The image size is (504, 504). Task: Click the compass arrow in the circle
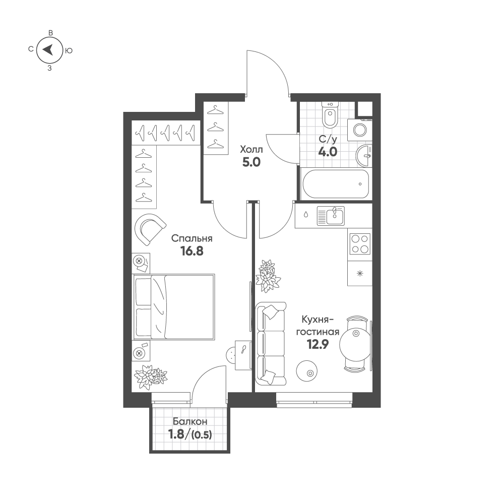tap(48, 50)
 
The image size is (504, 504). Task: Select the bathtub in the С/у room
tap(336, 184)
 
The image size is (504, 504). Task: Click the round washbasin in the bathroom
tap(364, 156)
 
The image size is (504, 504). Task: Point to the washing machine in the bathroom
tap(360, 130)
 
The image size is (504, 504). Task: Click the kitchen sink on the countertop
tap(331, 216)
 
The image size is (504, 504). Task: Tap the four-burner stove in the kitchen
tap(360, 243)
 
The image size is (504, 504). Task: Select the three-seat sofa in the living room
tap(271, 344)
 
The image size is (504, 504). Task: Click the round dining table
tap(355, 344)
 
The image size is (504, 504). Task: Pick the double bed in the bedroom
tap(173, 306)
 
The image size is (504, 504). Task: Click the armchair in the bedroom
tap(150, 229)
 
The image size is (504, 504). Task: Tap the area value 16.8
tap(192, 251)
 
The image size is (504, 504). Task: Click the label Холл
tap(251, 150)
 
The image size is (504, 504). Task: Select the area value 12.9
tap(318, 345)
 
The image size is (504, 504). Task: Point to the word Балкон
tap(190, 421)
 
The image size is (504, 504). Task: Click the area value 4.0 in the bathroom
tap(328, 152)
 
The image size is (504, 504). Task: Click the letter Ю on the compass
tap(69, 50)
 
